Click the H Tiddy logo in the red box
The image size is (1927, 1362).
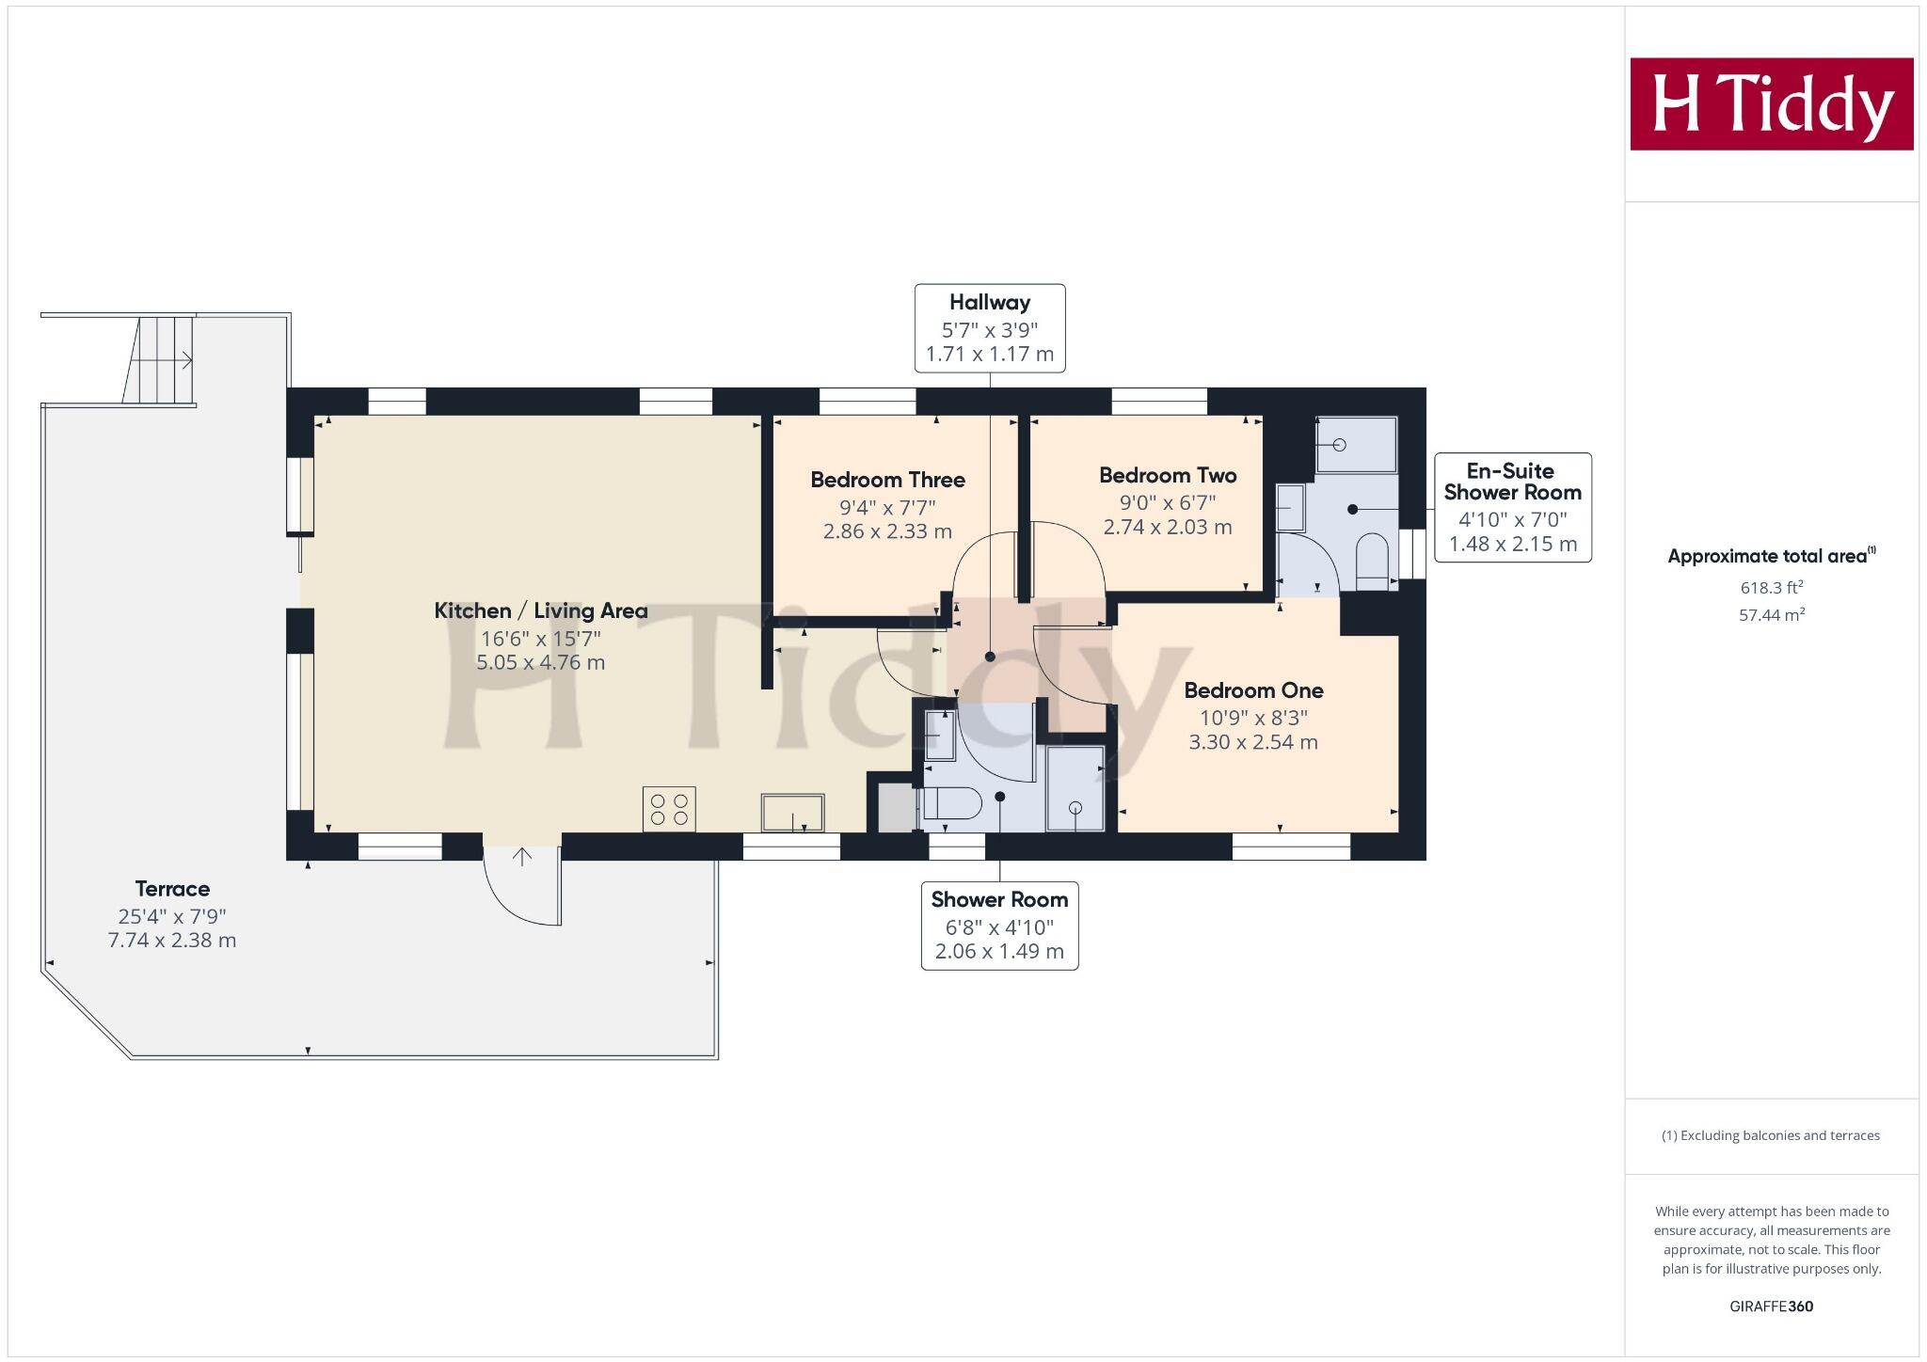pyautogui.click(x=1771, y=103)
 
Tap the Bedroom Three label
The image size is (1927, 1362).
pyautogui.click(x=887, y=480)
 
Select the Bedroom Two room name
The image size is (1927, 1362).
pyautogui.click(x=1167, y=475)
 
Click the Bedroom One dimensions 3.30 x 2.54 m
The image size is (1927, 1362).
pyautogui.click(x=1252, y=742)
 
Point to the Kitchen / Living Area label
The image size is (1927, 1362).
pyautogui.click(x=540, y=610)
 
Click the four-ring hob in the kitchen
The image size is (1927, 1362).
pyautogui.click(x=669, y=809)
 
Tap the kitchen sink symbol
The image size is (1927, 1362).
pyautogui.click(x=792, y=813)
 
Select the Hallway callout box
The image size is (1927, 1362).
pyautogui.click(x=990, y=328)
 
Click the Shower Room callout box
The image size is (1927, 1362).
pyautogui.click(x=999, y=925)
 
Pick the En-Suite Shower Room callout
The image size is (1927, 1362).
pyautogui.click(x=1512, y=507)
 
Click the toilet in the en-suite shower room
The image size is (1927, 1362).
pyautogui.click(x=1373, y=562)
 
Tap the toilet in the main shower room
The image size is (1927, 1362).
pyautogui.click(x=951, y=804)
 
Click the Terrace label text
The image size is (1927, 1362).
pyautogui.click(x=172, y=889)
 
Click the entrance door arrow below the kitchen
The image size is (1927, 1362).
pyautogui.click(x=522, y=856)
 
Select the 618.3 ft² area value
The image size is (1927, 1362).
pyautogui.click(x=1771, y=588)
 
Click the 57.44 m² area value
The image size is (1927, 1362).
pyautogui.click(x=1771, y=615)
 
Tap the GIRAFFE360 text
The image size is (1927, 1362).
pyautogui.click(x=1771, y=1307)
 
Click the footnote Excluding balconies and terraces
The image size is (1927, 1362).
pyautogui.click(x=1771, y=1135)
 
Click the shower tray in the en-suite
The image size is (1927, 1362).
pyautogui.click(x=1356, y=445)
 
